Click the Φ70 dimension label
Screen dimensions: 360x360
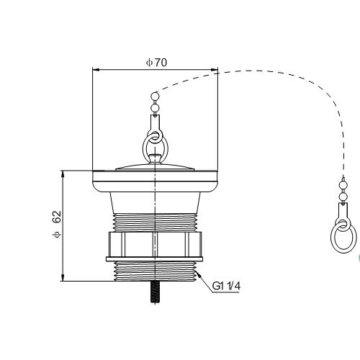tap(156, 63)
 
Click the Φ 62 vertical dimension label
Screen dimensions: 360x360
tap(57, 224)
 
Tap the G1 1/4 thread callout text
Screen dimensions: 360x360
tap(226, 286)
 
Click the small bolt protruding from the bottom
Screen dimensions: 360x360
tap(156, 292)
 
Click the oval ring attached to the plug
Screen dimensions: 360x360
tap(156, 146)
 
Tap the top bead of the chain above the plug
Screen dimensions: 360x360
tap(155, 96)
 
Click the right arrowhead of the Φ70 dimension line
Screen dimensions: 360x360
tap(215, 70)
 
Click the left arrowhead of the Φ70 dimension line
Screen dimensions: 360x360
tap(96, 70)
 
